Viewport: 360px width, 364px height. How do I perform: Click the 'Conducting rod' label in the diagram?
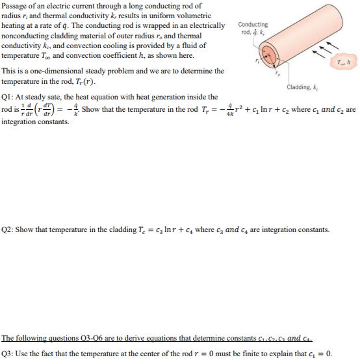250,28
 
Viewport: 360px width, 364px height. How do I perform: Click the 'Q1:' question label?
9,97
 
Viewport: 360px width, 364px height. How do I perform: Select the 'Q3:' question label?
9,354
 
